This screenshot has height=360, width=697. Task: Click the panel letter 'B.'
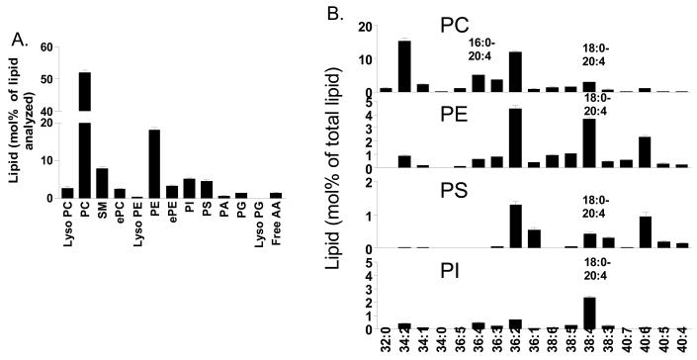point(336,13)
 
